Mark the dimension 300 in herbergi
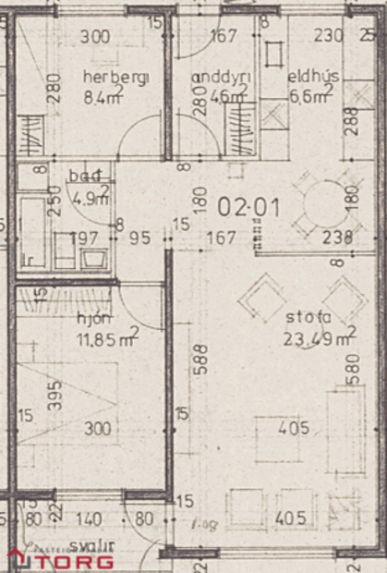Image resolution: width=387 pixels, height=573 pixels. tap(94, 37)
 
